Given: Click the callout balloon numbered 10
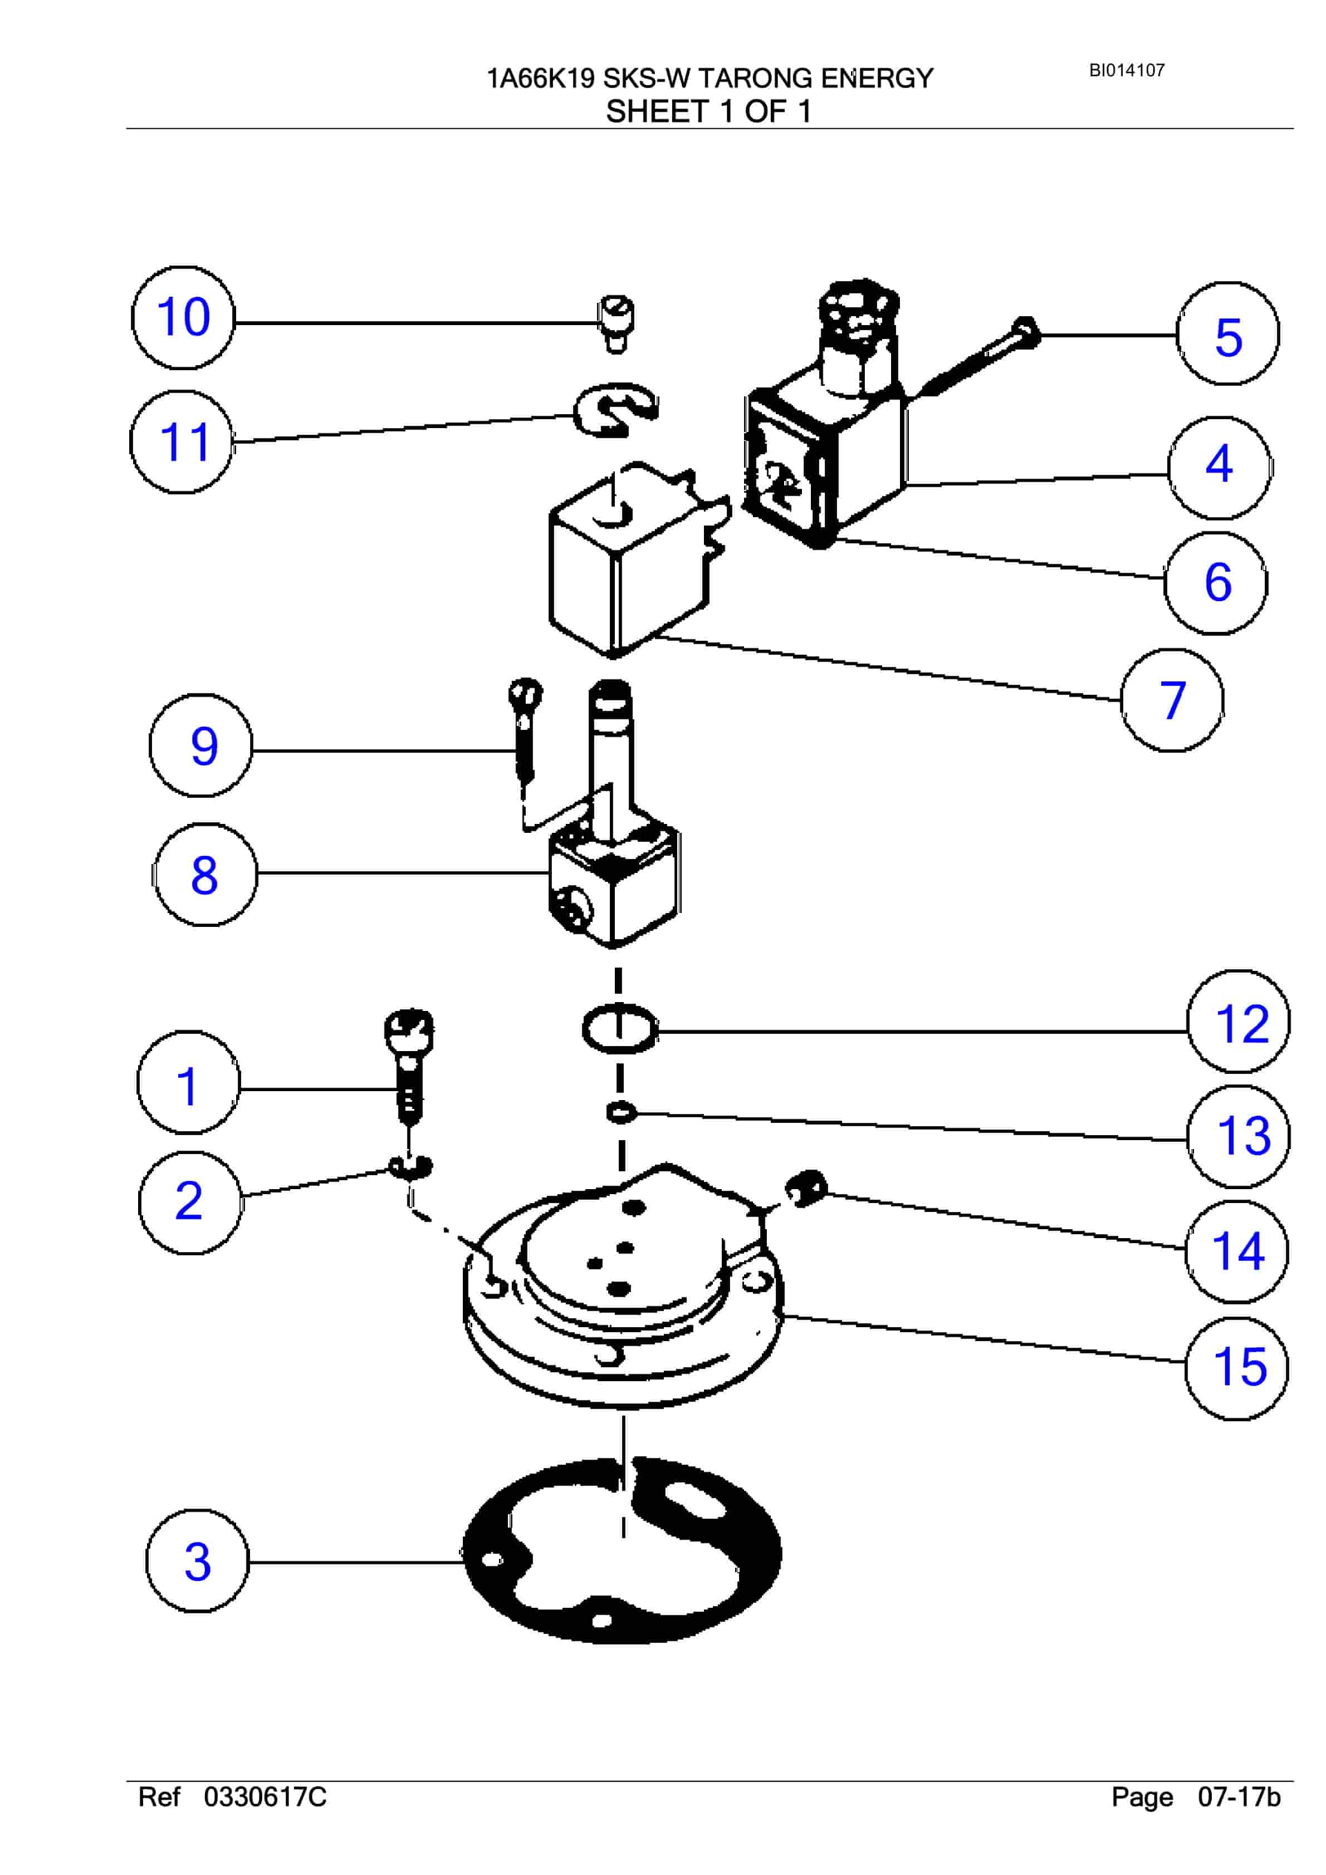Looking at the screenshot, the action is [183, 318].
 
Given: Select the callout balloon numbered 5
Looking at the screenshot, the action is [1228, 334].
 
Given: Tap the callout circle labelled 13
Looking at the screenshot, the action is [1239, 1137].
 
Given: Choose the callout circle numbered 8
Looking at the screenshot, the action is [204, 875].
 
